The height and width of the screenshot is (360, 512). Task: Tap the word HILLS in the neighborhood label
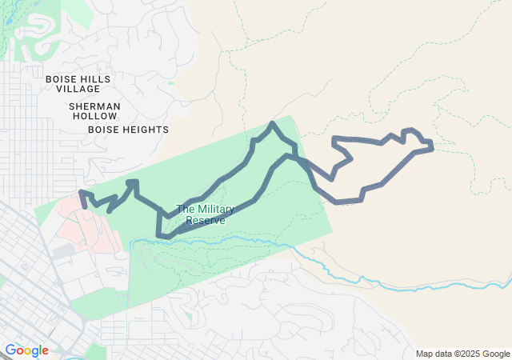(95, 79)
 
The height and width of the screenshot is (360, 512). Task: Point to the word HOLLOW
(94, 116)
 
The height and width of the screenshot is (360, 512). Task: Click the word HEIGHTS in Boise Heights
(144, 129)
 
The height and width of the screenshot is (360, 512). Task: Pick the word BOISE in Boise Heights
(103, 129)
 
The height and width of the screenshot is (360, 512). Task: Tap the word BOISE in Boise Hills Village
(61, 79)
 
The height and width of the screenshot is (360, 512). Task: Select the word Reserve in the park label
(206, 220)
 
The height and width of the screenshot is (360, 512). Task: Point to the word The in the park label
(185, 210)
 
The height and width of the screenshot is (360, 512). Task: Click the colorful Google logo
(26, 350)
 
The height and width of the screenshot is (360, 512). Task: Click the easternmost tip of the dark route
(432, 146)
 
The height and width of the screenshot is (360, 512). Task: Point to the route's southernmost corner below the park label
(160, 236)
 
